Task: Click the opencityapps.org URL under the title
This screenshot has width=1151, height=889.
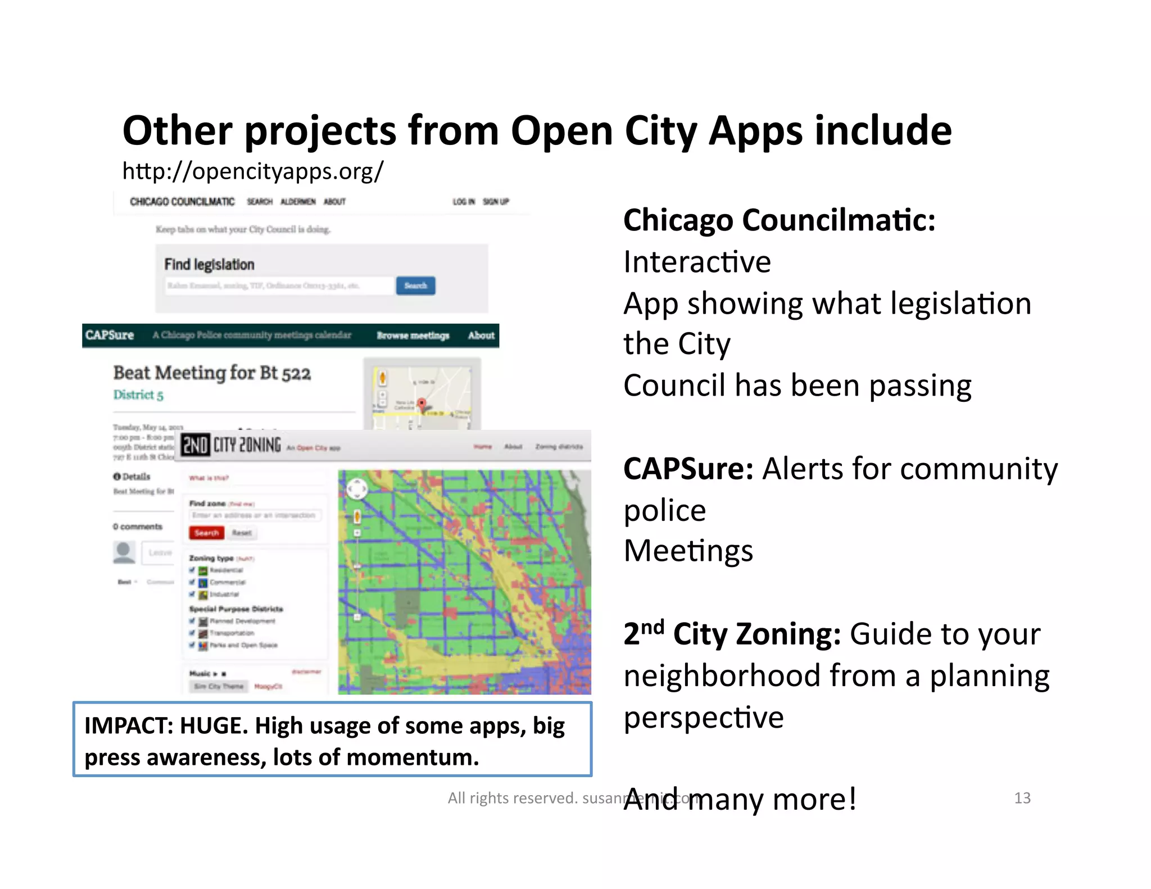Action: click(252, 171)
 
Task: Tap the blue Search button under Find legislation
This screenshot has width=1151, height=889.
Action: click(415, 285)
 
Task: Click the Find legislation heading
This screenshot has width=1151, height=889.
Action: click(209, 264)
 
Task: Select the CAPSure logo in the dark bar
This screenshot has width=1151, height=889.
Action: click(110, 335)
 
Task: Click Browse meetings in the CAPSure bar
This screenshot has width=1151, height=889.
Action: click(413, 335)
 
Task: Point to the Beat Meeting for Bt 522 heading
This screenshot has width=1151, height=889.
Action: click(212, 373)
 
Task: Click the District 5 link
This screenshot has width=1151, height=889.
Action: click(138, 394)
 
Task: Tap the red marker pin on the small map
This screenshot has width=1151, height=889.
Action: click(422, 403)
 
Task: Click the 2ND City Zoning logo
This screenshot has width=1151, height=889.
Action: click(230, 445)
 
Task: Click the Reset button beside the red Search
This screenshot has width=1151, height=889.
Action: click(242, 533)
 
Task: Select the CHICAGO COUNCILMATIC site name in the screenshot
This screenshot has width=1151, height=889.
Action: click(182, 202)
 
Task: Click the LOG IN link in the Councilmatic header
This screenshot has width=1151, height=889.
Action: click(464, 202)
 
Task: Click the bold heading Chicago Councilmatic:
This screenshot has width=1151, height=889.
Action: click(779, 220)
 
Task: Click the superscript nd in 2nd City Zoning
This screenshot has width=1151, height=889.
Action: click(652, 626)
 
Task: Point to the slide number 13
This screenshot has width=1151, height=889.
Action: click(1022, 798)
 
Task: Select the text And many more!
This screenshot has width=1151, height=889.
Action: click(740, 799)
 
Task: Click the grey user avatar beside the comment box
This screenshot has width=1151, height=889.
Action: click(124, 552)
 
